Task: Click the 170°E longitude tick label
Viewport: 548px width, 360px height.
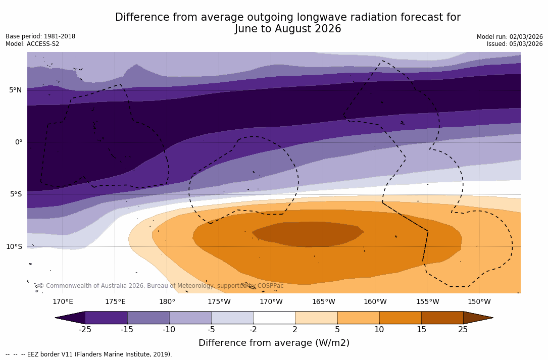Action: click(63, 302)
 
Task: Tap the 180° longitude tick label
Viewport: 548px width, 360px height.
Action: click(167, 302)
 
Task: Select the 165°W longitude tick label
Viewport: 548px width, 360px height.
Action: click(323, 302)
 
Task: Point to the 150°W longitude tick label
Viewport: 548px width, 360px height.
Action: click(479, 302)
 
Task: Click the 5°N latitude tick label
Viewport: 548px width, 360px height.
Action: click(15, 90)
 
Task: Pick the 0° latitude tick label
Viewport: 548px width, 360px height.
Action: click(18, 142)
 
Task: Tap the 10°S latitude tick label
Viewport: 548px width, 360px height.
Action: click(14, 247)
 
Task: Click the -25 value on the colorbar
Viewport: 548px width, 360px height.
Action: click(85, 330)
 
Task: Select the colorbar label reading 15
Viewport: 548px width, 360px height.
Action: click(421, 330)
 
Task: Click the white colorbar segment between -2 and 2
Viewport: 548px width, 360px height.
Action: click(274, 318)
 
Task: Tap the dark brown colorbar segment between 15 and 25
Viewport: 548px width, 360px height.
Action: click(442, 318)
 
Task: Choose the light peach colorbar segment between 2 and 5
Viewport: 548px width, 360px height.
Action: click(316, 318)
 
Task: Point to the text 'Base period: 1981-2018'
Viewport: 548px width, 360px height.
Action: click(40, 36)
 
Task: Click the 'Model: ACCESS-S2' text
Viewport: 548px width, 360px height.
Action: click(32, 44)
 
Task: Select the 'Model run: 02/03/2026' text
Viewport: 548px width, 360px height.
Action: click(510, 37)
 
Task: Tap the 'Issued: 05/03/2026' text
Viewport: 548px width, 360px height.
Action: click(515, 44)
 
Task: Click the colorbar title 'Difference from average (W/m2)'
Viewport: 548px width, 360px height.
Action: click(274, 343)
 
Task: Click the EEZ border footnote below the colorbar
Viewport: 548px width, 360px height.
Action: click(89, 354)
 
